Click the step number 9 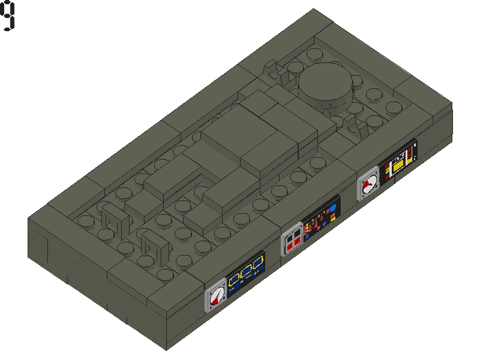point(7,16)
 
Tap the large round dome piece point(325,83)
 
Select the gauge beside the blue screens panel point(216,296)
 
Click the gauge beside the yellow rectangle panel point(368,184)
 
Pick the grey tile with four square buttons point(292,239)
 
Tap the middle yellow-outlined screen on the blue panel point(245,271)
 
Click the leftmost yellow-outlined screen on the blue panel point(234,278)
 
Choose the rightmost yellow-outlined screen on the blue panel point(258,263)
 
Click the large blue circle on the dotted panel point(333,208)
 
